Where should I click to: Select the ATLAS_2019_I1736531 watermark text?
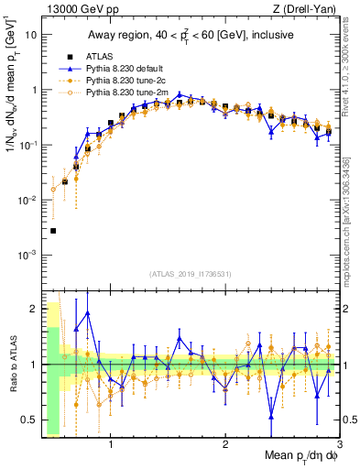(191, 274)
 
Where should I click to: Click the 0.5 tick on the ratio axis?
(30, 422)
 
